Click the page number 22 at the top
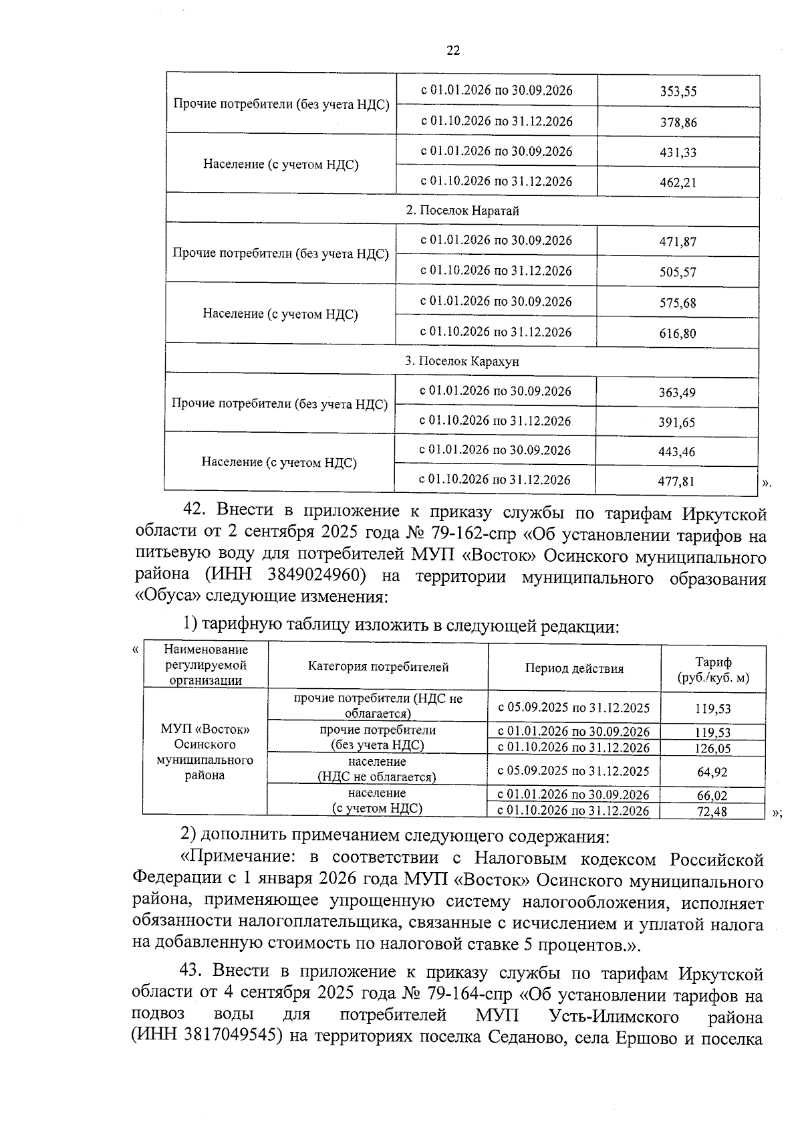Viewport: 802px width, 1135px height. [452, 51]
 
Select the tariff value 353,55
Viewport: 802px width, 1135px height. [678, 92]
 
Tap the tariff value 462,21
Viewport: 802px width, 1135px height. [678, 182]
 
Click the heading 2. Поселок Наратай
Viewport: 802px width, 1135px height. [462, 211]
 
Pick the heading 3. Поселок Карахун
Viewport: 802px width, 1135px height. [461, 361]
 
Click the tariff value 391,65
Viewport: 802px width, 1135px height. [676, 422]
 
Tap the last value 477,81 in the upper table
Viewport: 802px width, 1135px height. [676, 481]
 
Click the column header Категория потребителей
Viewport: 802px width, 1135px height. [378, 667]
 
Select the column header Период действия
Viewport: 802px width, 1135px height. [573, 668]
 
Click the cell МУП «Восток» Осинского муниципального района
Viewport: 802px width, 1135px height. [205, 752]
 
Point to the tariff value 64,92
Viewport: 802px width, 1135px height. [712, 772]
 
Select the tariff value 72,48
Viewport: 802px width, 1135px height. [712, 811]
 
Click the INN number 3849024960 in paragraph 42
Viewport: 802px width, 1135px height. [315, 576]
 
